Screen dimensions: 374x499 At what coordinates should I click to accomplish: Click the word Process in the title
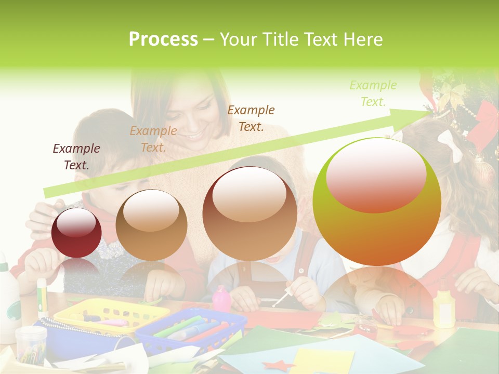pyautogui.click(x=163, y=39)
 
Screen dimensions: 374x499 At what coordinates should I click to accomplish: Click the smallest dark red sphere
pyautogui.click(x=77, y=232)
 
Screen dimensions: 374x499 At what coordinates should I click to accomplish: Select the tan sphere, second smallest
pyautogui.click(x=151, y=225)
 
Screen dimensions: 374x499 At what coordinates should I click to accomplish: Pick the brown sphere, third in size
pyautogui.click(x=250, y=213)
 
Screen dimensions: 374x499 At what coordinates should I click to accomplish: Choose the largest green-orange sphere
pyautogui.click(x=377, y=202)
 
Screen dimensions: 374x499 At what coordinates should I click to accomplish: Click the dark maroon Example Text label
pyautogui.click(x=76, y=156)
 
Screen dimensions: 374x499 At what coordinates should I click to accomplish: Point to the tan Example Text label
pyautogui.click(x=153, y=139)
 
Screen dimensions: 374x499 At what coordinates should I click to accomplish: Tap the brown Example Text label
pyautogui.click(x=251, y=118)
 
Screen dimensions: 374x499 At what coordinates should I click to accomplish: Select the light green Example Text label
pyautogui.click(x=373, y=93)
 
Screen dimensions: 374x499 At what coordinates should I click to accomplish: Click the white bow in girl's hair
pyautogui.click(x=450, y=143)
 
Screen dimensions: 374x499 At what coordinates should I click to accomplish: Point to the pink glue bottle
pyautogui.click(x=221, y=299)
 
